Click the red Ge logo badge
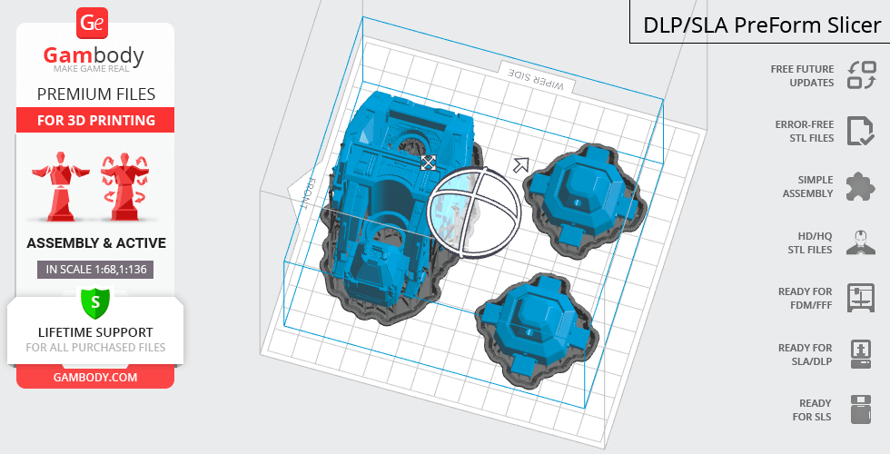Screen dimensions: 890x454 (x=92, y=23)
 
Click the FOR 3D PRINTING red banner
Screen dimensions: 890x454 (x=95, y=120)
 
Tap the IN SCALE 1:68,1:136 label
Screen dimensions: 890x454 (x=95, y=270)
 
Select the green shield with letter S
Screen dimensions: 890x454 (x=95, y=302)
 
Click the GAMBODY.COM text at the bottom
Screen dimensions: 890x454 (x=95, y=378)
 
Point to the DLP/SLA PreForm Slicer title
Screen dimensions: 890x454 (x=762, y=25)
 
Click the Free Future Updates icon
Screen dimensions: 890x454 (x=862, y=74)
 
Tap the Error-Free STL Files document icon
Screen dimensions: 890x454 (x=861, y=131)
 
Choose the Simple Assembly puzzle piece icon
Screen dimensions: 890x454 (x=861, y=187)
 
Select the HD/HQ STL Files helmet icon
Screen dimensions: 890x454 (x=861, y=242)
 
